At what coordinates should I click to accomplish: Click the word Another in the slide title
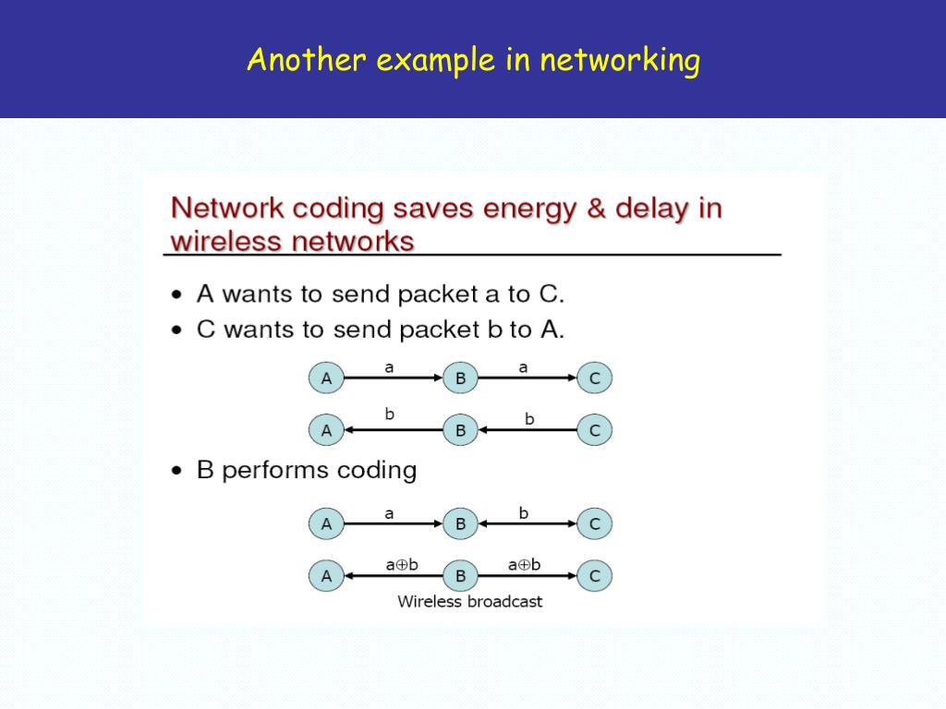(307, 60)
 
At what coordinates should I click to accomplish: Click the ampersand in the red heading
(596, 208)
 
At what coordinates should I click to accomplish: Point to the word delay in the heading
(652, 209)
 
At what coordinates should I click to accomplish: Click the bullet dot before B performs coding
(176, 471)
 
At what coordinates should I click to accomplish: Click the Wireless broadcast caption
(470, 602)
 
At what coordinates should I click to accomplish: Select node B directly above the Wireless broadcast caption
(460, 576)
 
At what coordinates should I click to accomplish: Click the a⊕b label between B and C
(525, 565)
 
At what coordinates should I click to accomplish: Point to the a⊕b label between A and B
(402, 565)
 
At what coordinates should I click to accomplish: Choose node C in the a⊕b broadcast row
(595, 576)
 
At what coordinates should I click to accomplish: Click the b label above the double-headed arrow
(524, 513)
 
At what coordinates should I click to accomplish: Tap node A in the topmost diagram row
(326, 378)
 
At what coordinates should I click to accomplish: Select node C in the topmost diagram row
(595, 378)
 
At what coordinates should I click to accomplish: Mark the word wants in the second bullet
(261, 330)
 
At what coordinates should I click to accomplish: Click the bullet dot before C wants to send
(176, 330)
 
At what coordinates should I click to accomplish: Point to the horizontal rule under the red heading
(472, 255)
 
